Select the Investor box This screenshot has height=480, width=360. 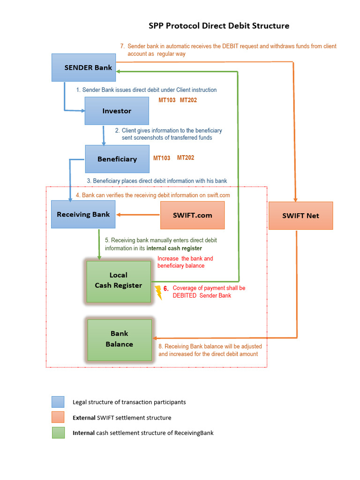(x=117, y=111)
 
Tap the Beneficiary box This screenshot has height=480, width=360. (x=117, y=159)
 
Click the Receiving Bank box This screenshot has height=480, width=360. (x=83, y=215)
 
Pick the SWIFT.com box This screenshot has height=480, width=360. (x=192, y=215)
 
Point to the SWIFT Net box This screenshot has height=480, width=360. (x=300, y=216)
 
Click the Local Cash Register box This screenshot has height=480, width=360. (x=119, y=280)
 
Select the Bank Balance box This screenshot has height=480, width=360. (x=119, y=339)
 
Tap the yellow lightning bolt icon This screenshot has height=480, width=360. (x=158, y=292)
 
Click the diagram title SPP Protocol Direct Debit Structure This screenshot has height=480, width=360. (x=219, y=26)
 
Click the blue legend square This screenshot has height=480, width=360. (x=58, y=402)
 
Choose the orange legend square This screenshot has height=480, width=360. (x=58, y=418)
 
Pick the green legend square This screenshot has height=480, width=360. (x=58, y=433)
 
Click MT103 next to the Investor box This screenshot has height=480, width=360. (x=167, y=100)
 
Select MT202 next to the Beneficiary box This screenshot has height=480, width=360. (x=186, y=158)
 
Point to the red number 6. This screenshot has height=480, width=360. (x=166, y=289)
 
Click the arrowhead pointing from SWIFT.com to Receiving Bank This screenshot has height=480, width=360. (x=119, y=215)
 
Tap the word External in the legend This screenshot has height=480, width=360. (x=83, y=418)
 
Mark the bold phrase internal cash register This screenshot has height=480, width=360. (x=174, y=248)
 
